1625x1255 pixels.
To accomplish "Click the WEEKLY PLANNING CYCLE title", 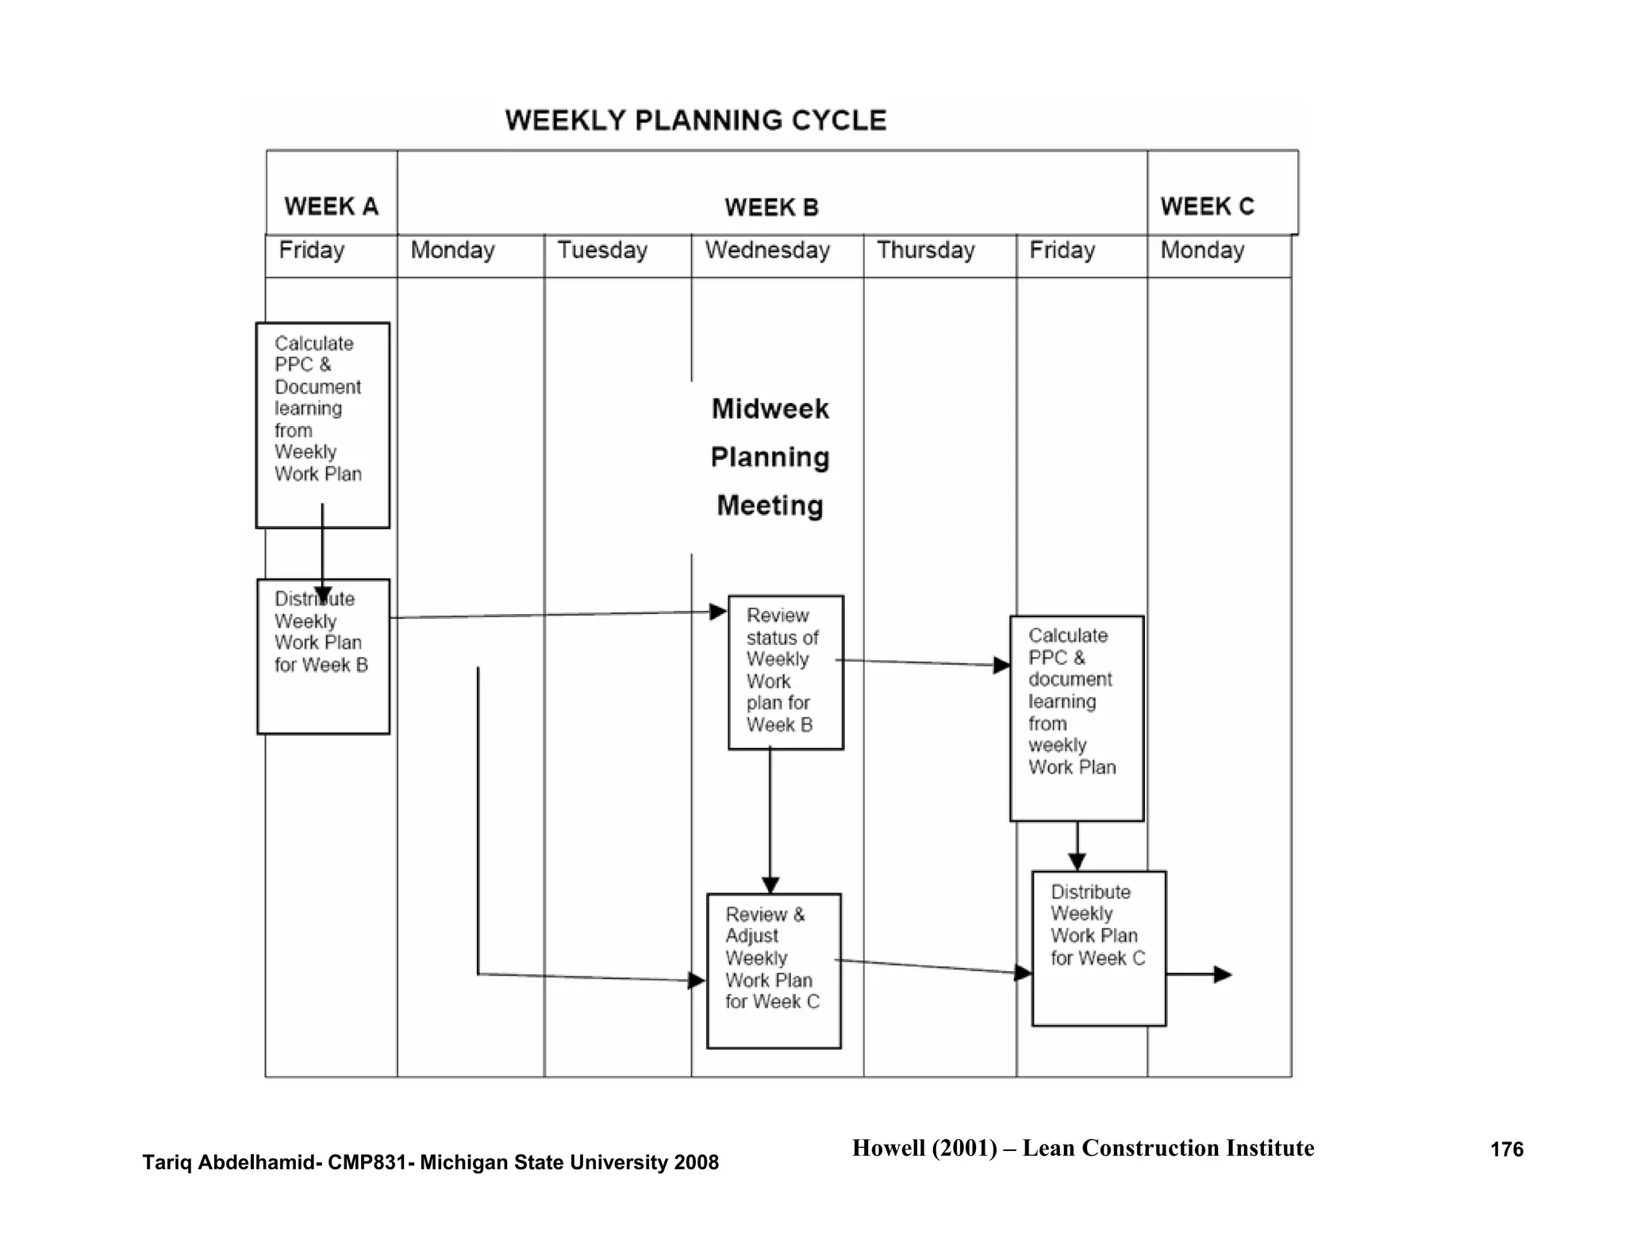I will click(695, 121).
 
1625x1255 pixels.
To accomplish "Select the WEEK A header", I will click(331, 206).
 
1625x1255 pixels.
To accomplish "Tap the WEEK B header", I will click(771, 208).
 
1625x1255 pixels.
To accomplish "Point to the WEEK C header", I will click(1207, 206).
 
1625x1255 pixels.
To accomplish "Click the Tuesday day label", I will click(602, 251).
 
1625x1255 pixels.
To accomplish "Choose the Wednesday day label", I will click(767, 251).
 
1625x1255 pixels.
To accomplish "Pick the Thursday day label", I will click(925, 251).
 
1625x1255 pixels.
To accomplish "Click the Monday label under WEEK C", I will click(1202, 251).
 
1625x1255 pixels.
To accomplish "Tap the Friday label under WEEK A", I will click(312, 251).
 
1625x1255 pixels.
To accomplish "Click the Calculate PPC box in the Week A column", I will click(322, 424).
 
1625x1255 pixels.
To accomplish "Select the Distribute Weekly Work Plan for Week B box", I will click(322, 656).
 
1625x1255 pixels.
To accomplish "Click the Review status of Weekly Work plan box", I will click(785, 672).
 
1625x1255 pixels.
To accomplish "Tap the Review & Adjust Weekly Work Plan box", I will click(773, 970).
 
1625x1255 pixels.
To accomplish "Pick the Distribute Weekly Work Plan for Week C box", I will click(1098, 948).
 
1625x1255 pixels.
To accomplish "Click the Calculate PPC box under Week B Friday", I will click(1076, 718).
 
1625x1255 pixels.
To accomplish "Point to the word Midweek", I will click(770, 409).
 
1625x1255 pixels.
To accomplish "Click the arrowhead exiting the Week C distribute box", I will click(1223, 974).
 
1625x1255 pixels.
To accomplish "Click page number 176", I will click(1506, 1149).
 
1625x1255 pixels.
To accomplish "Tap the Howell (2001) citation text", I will click(1082, 1148).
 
